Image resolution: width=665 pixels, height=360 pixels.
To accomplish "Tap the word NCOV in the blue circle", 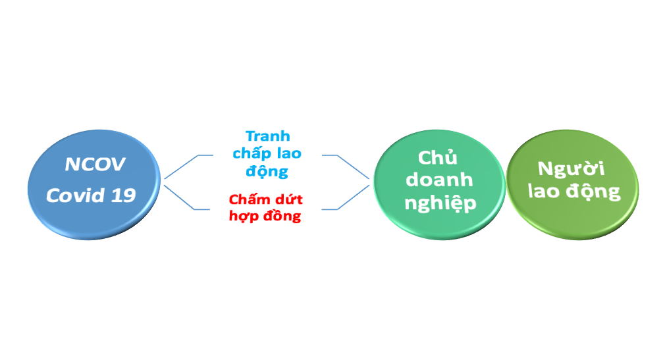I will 95,165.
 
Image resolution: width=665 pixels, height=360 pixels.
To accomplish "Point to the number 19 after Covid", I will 124,195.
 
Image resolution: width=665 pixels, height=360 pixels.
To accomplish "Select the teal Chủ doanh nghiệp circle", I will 439,182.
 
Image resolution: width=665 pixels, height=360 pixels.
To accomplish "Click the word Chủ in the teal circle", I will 439,159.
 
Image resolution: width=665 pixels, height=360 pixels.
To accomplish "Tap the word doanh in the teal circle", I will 439,180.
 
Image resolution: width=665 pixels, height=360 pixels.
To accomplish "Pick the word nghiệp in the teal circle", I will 440,203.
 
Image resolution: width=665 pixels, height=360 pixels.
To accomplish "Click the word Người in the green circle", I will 572,168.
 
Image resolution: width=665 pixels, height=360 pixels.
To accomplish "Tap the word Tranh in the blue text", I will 268,136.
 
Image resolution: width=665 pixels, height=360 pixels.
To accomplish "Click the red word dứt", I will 288,199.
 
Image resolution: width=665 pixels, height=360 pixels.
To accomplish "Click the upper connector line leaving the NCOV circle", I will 181,167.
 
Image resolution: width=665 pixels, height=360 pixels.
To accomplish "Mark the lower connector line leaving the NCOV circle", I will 181,198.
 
